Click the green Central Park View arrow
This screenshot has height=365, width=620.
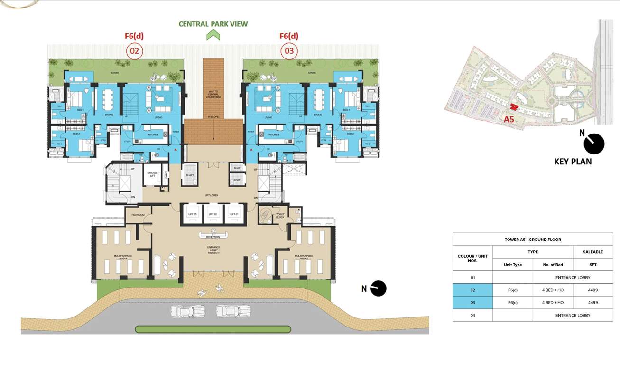coord(213,35)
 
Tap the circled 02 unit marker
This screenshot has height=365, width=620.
coord(134,51)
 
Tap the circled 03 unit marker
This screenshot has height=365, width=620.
coord(289,51)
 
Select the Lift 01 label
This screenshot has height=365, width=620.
coord(234,214)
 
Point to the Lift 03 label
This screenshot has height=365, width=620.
coord(192,214)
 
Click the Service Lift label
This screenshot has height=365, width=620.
coord(152,173)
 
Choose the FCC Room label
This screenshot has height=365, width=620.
coord(138,214)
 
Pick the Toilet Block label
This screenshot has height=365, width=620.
coord(280,216)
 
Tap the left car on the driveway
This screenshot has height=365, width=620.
coord(188,311)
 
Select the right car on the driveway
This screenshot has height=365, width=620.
coord(233,311)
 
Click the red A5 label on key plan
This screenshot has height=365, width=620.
coord(509,119)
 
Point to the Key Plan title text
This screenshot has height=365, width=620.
coord(573,162)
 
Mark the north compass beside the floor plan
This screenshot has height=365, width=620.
coord(379,288)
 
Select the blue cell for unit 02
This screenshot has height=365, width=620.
coord(472,290)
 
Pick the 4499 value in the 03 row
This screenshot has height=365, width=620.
coord(592,303)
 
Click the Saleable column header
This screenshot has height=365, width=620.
coord(592,252)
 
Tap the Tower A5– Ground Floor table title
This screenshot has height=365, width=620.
coord(532,240)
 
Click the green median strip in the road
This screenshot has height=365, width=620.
coord(213,329)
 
